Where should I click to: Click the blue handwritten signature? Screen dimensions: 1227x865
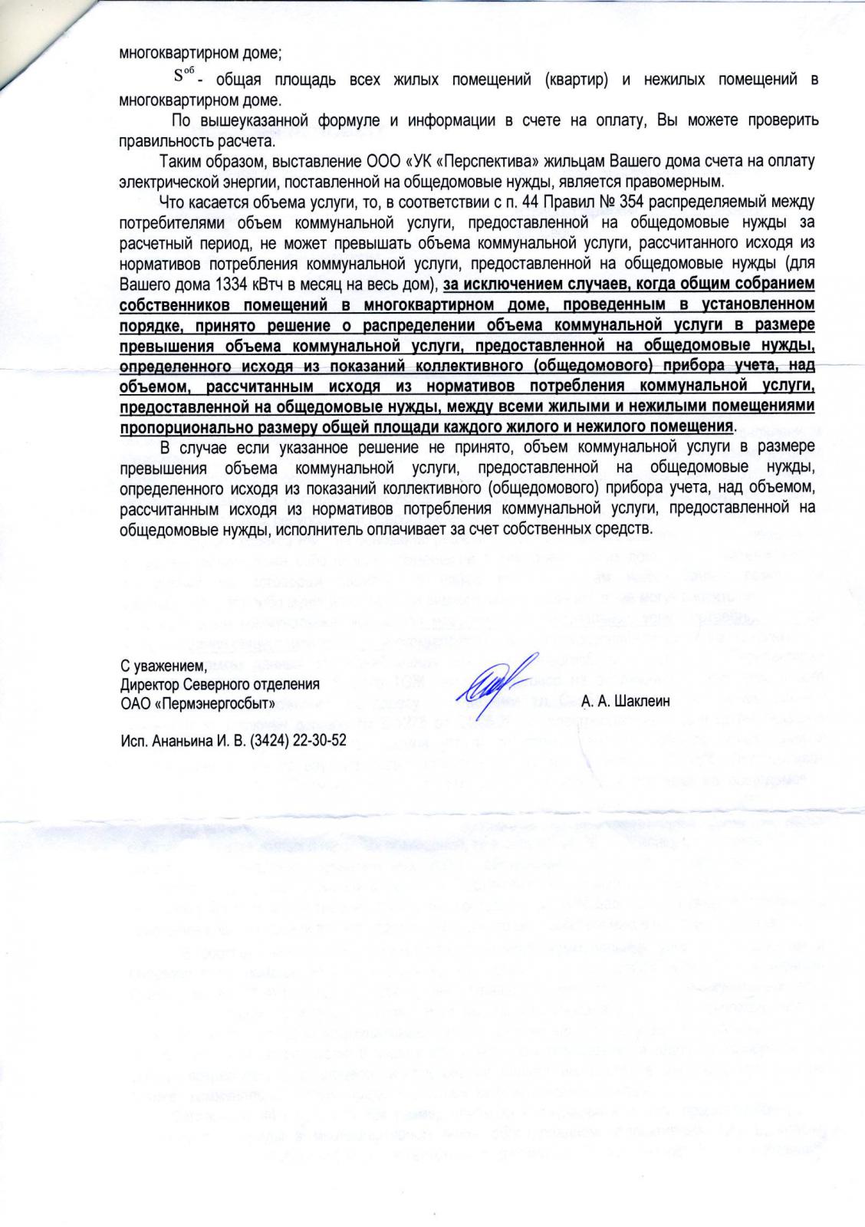[491, 679]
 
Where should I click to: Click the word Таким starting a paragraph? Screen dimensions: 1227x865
[181, 162]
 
